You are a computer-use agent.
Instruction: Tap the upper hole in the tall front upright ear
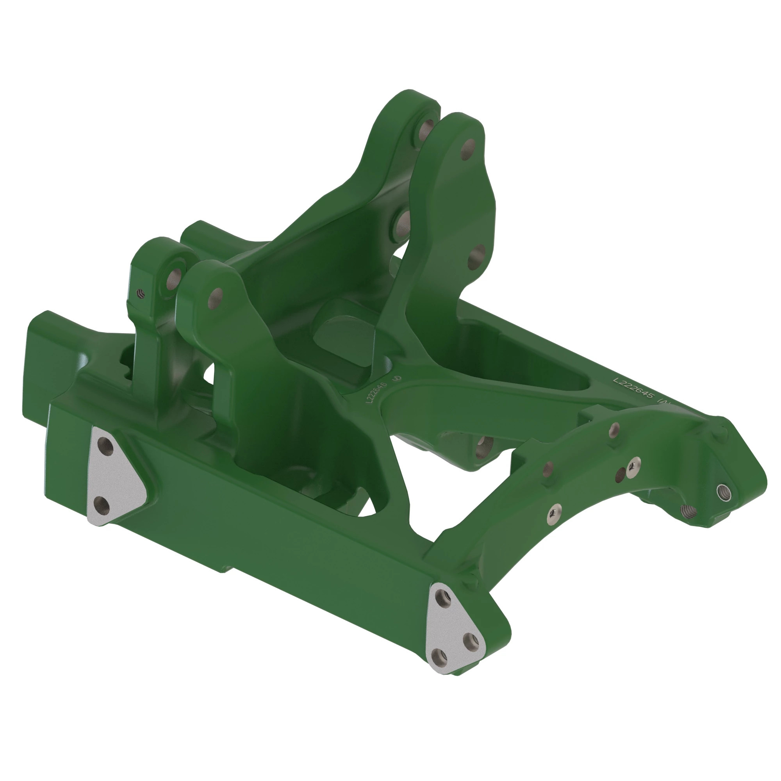pyautogui.click(x=468, y=149)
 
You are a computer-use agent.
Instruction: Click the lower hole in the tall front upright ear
pyautogui.click(x=478, y=257)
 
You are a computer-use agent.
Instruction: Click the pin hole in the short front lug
pyautogui.click(x=216, y=298)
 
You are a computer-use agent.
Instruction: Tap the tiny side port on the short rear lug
pyautogui.click(x=140, y=293)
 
